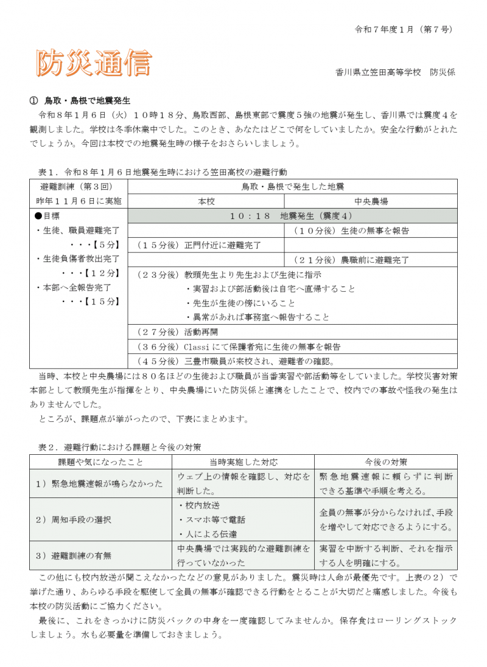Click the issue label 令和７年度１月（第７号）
pos(404,29)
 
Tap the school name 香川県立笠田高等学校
pos(377,72)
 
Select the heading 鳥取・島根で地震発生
pos(88,100)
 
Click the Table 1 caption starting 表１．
pos(163,172)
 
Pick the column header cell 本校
pos(206,201)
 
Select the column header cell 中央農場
pos(371,201)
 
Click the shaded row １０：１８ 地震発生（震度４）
pos(292,216)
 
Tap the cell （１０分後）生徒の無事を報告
pos(351,230)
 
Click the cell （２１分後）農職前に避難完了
pos(351,260)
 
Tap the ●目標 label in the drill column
pos(47,216)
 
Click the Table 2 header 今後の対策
pos(386,462)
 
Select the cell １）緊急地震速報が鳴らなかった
pos(99,483)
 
